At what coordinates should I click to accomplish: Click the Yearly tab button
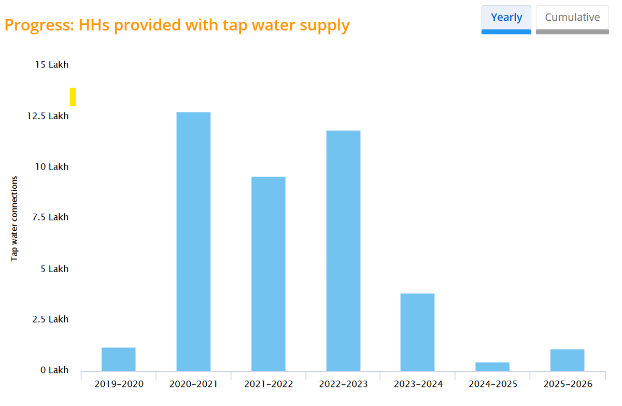point(506,17)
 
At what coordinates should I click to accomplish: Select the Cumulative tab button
point(572,17)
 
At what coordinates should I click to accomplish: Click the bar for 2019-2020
point(118,359)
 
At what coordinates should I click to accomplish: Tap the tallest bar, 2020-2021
point(193,242)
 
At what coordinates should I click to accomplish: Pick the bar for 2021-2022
point(268,274)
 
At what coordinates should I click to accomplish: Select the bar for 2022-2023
point(343,251)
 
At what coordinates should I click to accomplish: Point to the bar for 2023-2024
point(417,332)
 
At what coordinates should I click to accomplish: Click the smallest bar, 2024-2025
point(492,367)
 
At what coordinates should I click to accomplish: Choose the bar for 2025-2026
point(567,360)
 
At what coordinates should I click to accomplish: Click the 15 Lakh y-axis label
point(52,65)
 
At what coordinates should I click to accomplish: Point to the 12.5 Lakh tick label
point(48,116)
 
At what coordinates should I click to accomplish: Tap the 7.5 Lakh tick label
point(51,217)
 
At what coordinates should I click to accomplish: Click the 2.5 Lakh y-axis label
point(51,319)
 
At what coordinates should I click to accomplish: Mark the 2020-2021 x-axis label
point(193,384)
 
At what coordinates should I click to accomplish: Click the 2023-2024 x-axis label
point(418,384)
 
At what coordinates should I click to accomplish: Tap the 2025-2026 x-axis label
point(568,384)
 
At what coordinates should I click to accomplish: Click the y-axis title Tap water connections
point(15,218)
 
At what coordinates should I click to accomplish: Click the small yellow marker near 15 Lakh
point(73,97)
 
